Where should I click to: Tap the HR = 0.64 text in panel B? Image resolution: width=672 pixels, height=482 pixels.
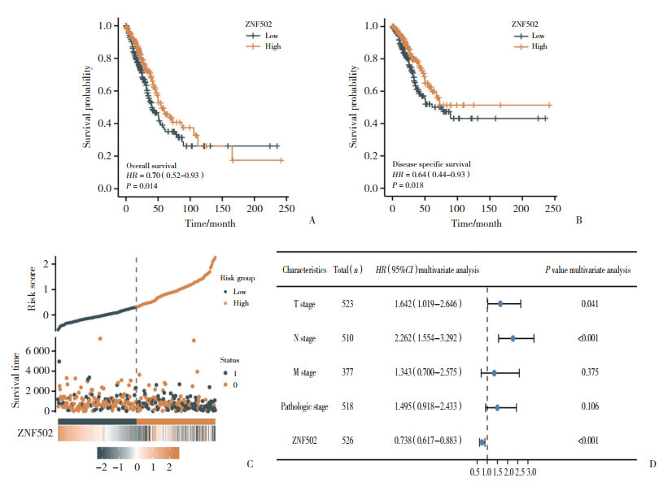[430, 174]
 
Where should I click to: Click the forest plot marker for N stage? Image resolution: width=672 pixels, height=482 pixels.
[513, 337]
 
